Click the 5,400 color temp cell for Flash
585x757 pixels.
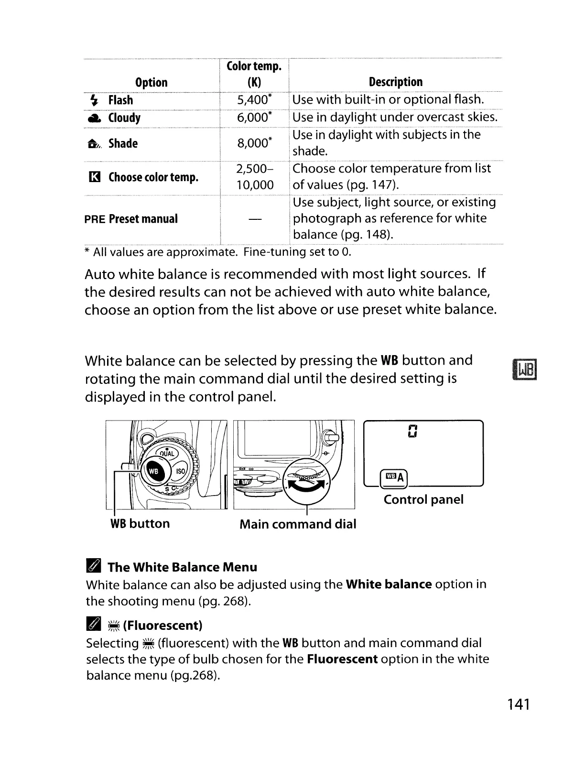click(x=254, y=100)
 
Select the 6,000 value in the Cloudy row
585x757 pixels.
click(x=254, y=118)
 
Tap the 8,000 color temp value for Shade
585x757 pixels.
click(x=254, y=143)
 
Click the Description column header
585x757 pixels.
click(x=396, y=82)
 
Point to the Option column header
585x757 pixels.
click(x=152, y=82)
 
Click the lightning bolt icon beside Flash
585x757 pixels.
click(x=95, y=100)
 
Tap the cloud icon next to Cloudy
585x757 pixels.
click(x=94, y=118)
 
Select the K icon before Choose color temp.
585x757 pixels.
click(x=95, y=178)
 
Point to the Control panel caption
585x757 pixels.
click(x=423, y=499)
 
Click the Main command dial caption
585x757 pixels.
click(x=298, y=524)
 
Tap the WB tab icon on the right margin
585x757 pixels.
click(x=524, y=369)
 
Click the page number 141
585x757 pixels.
click(x=519, y=704)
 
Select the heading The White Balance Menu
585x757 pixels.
click(x=182, y=567)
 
